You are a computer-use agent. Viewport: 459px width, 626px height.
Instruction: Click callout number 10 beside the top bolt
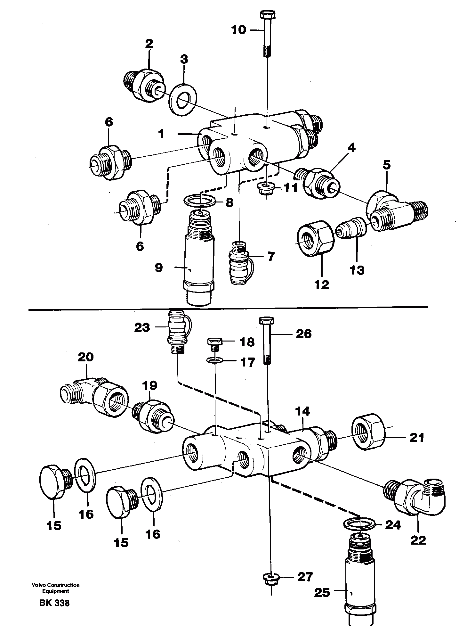click(238, 30)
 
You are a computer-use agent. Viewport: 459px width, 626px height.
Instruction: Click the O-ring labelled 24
click(358, 524)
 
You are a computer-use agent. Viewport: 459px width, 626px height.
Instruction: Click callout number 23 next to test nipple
click(142, 327)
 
